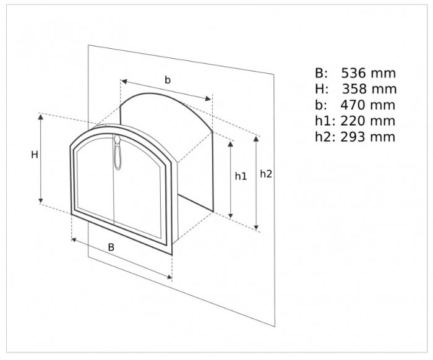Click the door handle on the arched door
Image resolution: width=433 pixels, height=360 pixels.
pyautogui.click(x=118, y=152)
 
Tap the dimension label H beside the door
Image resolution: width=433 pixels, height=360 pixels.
pyautogui.click(x=35, y=155)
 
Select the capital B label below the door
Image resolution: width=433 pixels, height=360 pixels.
pyautogui.click(x=111, y=247)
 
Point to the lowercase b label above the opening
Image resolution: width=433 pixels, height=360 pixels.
pyautogui.click(x=168, y=80)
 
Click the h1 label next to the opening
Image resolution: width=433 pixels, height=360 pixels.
pyautogui.click(x=241, y=176)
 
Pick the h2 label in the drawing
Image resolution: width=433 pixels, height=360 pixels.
pyautogui.click(x=266, y=174)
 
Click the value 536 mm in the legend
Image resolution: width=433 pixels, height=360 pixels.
pyautogui.click(x=369, y=74)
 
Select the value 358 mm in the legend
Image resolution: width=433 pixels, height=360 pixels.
pyautogui.click(x=369, y=89)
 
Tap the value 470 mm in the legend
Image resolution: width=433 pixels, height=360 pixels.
pyautogui.click(x=367, y=105)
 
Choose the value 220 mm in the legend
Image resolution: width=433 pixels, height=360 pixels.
pyautogui.click(x=367, y=121)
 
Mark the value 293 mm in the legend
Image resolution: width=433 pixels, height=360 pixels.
pyautogui.click(x=367, y=137)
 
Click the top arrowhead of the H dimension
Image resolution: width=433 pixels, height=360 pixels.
pyautogui.click(x=41, y=116)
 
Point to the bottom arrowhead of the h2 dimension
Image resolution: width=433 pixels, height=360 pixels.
pyautogui.click(x=257, y=227)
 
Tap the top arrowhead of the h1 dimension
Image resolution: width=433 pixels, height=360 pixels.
pyautogui.click(x=231, y=144)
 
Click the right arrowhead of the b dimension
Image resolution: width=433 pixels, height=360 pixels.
pyautogui.click(x=208, y=99)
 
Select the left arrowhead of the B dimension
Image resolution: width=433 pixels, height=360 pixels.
pyautogui.click(x=75, y=240)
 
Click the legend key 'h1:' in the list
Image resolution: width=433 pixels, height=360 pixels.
pyautogui.click(x=325, y=121)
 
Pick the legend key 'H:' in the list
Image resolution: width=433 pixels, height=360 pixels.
pyautogui.click(x=322, y=89)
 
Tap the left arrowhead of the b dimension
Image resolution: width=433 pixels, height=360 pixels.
pyautogui.click(x=124, y=82)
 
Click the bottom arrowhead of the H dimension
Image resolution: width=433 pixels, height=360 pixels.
pyautogui.click(x=41, y=200)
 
